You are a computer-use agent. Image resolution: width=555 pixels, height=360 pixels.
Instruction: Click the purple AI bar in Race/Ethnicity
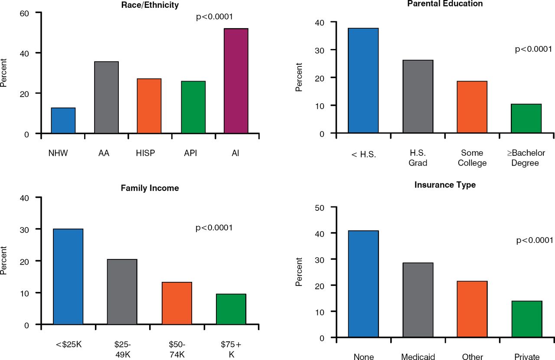pyautogui.click(x=236, y=81)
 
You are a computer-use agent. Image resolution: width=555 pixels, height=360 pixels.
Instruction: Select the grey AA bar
pyautogui.click(x=106, y=98)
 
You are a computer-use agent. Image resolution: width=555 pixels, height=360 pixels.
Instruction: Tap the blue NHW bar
pyautogui.click(x=63, y=121)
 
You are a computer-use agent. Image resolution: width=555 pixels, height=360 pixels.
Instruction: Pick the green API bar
pyautogui.click(x=193, y=107)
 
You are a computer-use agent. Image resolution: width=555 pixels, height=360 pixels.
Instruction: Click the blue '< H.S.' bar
pyautogui.click(x=363, y=81)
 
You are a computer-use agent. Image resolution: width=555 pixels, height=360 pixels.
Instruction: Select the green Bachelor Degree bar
pyautogui.click(x=526, y=118)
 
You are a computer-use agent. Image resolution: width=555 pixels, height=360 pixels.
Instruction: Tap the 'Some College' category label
pyautogui.click(x=472, y=158)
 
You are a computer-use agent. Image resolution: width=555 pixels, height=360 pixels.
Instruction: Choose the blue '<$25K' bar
pyautogui.click(x=68, y=277)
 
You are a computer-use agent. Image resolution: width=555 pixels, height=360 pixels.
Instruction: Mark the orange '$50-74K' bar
pyautogui.click(x=177, y=303)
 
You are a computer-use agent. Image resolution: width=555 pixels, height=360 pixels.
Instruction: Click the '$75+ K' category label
pyautogui.click(x=231, y=350)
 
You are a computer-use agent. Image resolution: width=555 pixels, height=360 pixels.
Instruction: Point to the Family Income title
pyautogui.click(x=150, y=188)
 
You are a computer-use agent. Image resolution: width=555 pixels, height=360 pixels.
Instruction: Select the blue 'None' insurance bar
pyautogui.click(x=363, y=284)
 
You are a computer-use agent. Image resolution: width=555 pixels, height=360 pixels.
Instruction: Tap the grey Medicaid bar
pyautogui.click(x=418, y=300)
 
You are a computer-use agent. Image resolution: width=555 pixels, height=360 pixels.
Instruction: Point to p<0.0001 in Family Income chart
pyautogui.click(x=214, y=227)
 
